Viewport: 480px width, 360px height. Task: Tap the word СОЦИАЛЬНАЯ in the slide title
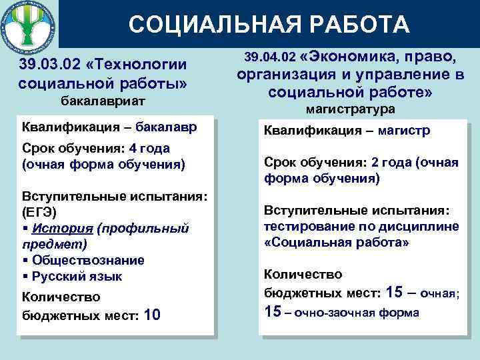point(201,25)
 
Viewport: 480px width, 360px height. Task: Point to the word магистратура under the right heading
point(351,108)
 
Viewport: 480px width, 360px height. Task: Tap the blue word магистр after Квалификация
point(404,131)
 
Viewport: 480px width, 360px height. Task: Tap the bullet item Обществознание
point(87,260)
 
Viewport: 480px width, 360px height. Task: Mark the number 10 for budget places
point(151,314)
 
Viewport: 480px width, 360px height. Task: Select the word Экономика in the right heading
point(354,55)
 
